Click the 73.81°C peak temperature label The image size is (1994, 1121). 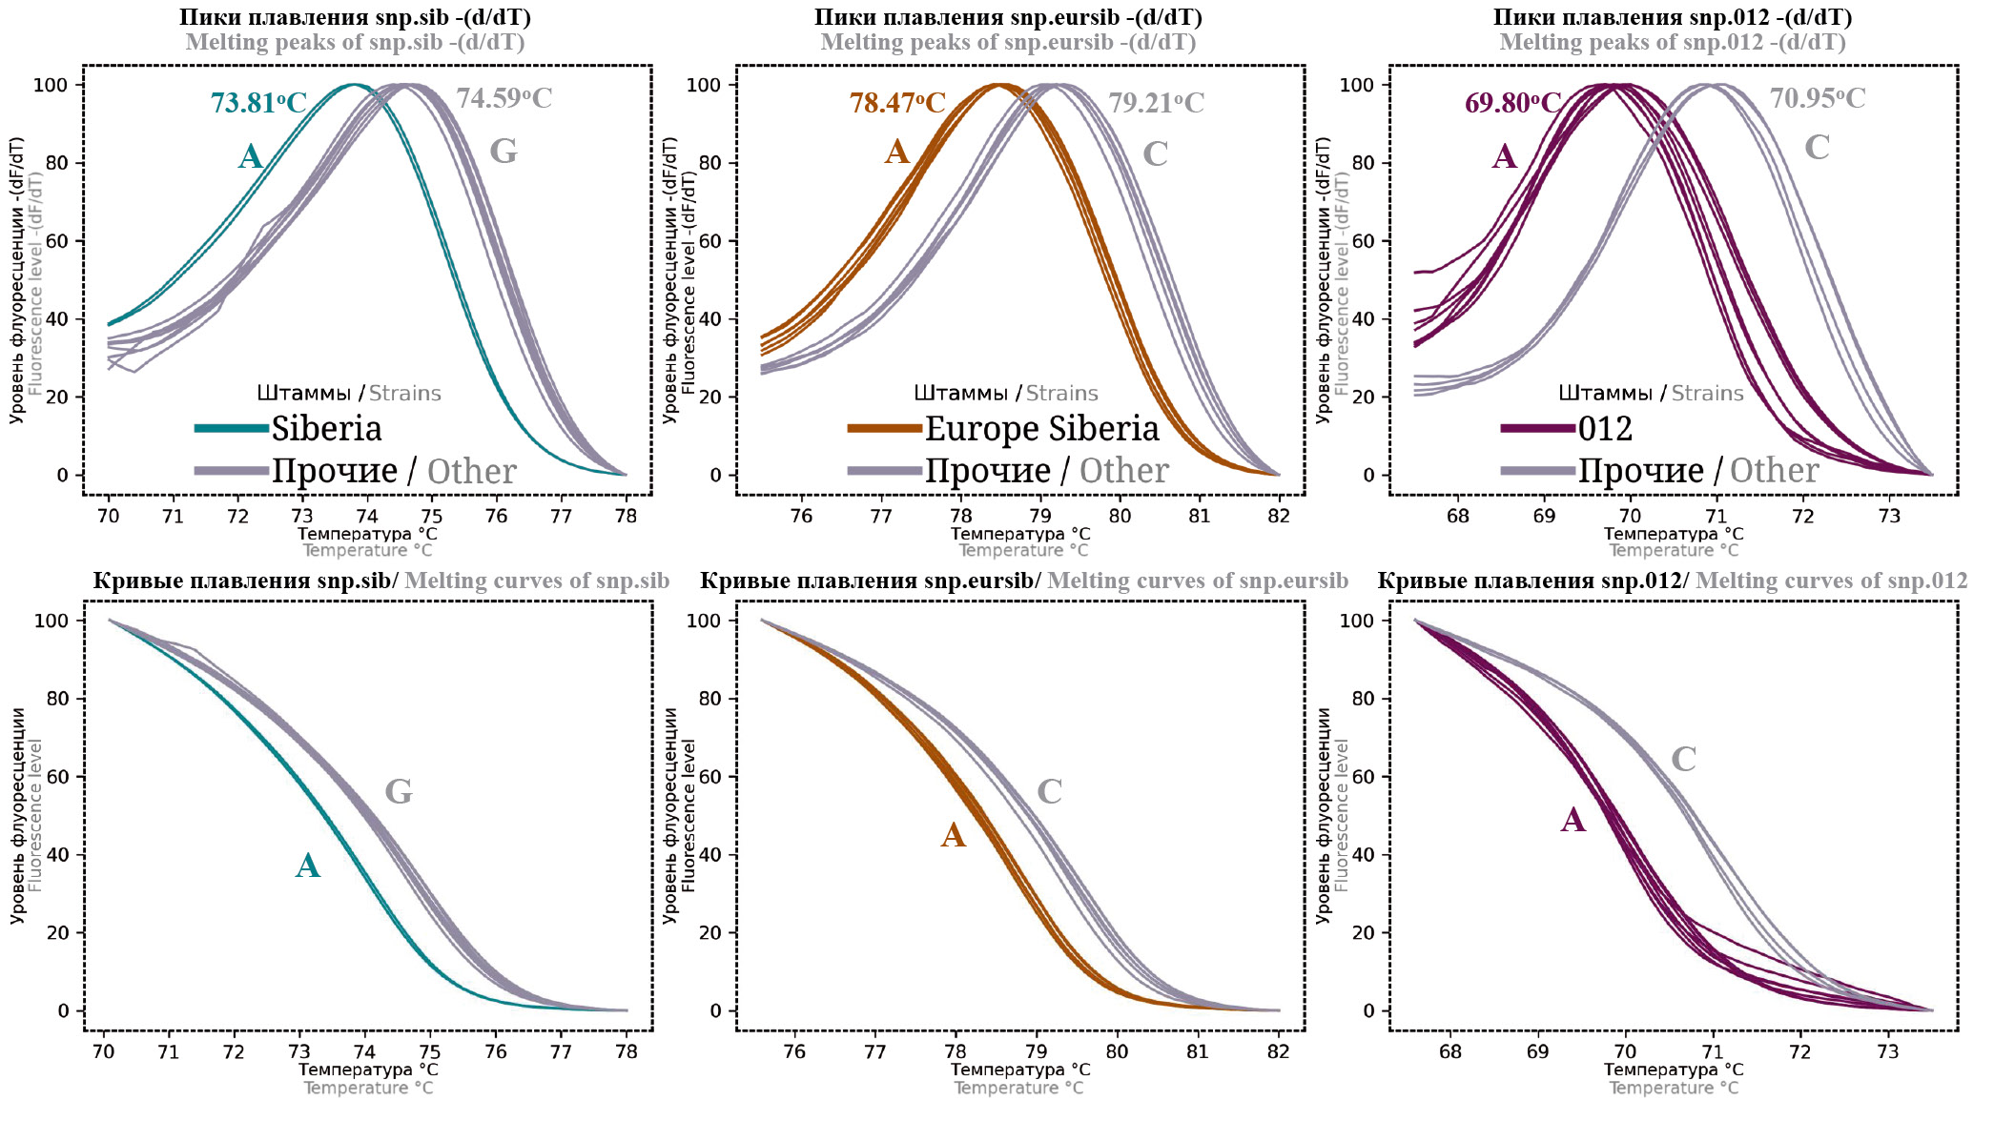[x=258, y=102]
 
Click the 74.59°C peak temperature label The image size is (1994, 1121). [x=504, y=98]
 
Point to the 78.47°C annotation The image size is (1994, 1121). [x=897, y=102]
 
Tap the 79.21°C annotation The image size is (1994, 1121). [x=1156, y=102]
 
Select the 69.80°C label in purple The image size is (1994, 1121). [x=1512, y=102]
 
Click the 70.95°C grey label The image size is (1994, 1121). [x=1817, y=98]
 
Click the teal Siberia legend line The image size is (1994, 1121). [x=231, y=429]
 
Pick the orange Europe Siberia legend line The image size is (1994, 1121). [x=884, y=429]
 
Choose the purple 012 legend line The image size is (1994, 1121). [x=1537, y=429]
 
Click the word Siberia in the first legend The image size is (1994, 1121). [x=326, y=429]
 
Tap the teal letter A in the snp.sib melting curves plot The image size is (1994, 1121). [x=307, y=866]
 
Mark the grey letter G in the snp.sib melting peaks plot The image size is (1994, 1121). [x=503, y=152]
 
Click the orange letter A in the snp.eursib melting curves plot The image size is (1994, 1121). [x=953, y=835]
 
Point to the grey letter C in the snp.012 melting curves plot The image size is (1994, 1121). [x=1683, y=759]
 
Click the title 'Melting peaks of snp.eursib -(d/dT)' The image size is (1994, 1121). [x=1008, y=42]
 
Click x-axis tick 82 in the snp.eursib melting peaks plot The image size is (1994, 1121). [x=1279, y=516]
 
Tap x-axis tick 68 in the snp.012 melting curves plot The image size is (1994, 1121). [x=1449, y=1051]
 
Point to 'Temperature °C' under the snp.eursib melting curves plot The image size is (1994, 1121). [x=1018, y=1088]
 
